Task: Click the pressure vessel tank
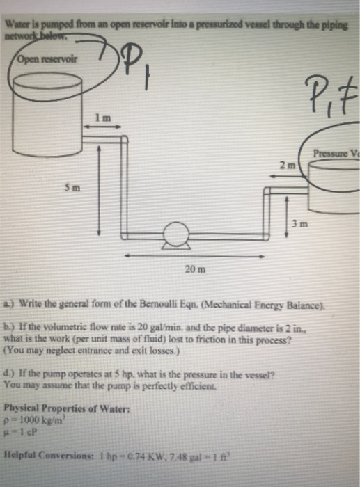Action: coord(332,188)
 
